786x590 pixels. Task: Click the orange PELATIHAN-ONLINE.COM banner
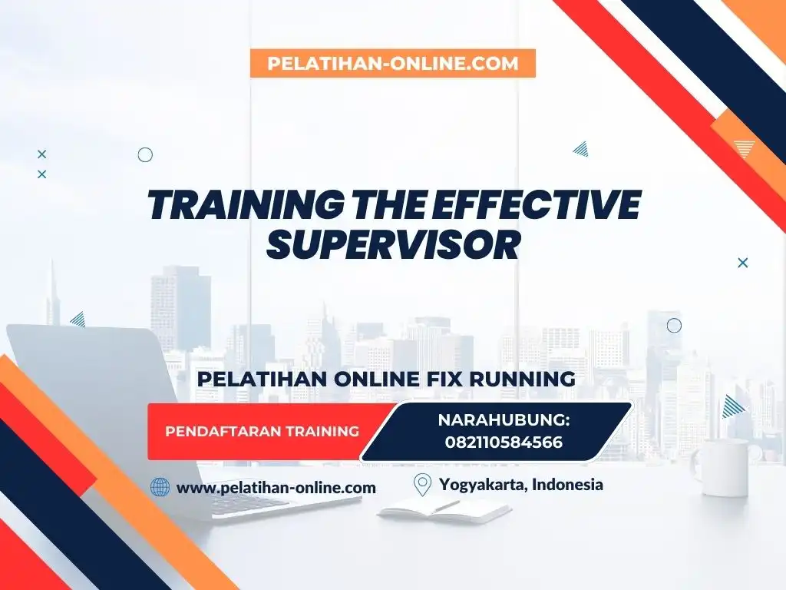coord(392,63)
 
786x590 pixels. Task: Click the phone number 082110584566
coord(504,442)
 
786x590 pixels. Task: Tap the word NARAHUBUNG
coord(504,420)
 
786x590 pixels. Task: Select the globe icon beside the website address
coord(160,487)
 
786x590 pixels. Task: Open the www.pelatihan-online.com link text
coord(276,487)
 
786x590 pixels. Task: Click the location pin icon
coord(422,485)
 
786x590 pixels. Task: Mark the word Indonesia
coord(567,485)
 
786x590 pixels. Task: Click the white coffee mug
coord(725,468)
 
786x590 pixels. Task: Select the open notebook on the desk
coord(445,509)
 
